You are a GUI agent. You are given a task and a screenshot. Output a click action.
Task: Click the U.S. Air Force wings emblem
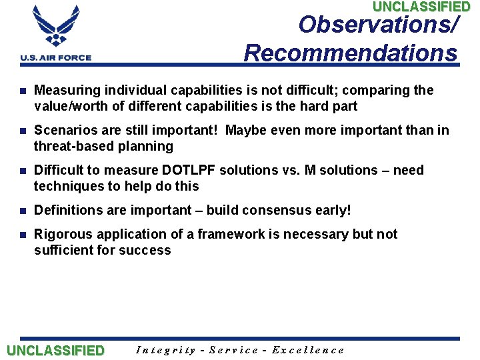click(x=55, y=27)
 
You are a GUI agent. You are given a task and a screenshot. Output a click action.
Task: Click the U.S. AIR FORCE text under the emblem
click(x=56, y=58)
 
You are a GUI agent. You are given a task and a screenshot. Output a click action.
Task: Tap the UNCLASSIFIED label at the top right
click(x=421, y=7)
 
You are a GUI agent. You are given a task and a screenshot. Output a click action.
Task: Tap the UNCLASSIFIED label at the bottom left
click(x=55, y=351)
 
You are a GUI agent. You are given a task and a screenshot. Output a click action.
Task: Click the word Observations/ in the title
click(x=379, y=25)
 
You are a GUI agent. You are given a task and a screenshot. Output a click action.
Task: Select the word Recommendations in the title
click(x=351, y=53)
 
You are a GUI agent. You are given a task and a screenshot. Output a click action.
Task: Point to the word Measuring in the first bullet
click(x=63, y=90)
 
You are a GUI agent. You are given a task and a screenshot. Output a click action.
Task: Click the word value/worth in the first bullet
click(x=69, y=106)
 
